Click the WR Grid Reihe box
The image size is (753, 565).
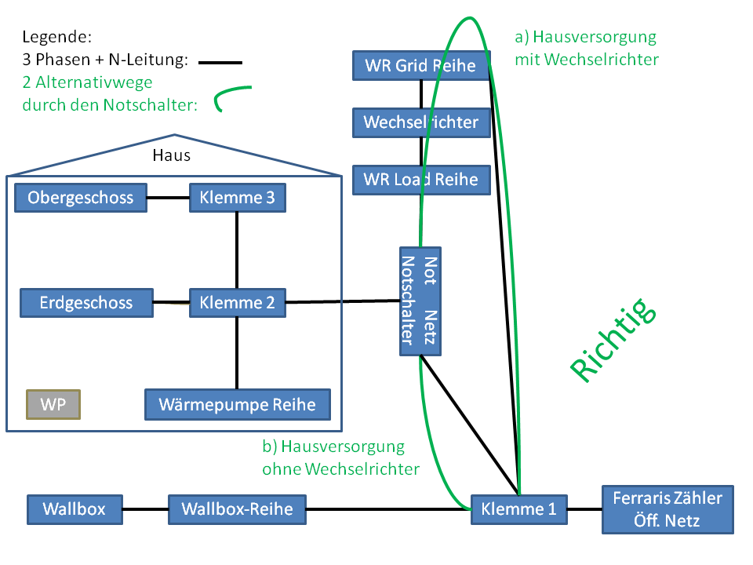click(421, 65)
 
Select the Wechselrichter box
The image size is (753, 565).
click(421, 122)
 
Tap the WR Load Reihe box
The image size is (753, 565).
click(421, 180)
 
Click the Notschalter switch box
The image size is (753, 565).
click(420, 301)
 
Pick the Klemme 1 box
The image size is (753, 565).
click(518, 509)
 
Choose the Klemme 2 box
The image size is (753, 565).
click(238, 303)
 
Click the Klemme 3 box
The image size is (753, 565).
click(238, 198)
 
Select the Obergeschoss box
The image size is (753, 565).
click(81, 198)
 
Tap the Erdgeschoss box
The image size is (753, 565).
click(86, 303)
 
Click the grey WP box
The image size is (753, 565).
click(53, 405)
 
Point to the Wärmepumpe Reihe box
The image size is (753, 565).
click(238, 405)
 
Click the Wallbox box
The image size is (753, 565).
click(75, 509)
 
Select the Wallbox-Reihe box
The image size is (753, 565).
click(237, 509)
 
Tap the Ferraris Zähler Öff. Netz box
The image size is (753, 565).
click(668, 509)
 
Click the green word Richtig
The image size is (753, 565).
click(613, 340)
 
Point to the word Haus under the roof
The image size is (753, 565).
click(172, 155)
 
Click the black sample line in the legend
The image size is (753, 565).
click(220, 63)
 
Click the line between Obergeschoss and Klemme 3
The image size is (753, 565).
click(168, 198)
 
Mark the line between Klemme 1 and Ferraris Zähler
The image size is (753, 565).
click(584, 509)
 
